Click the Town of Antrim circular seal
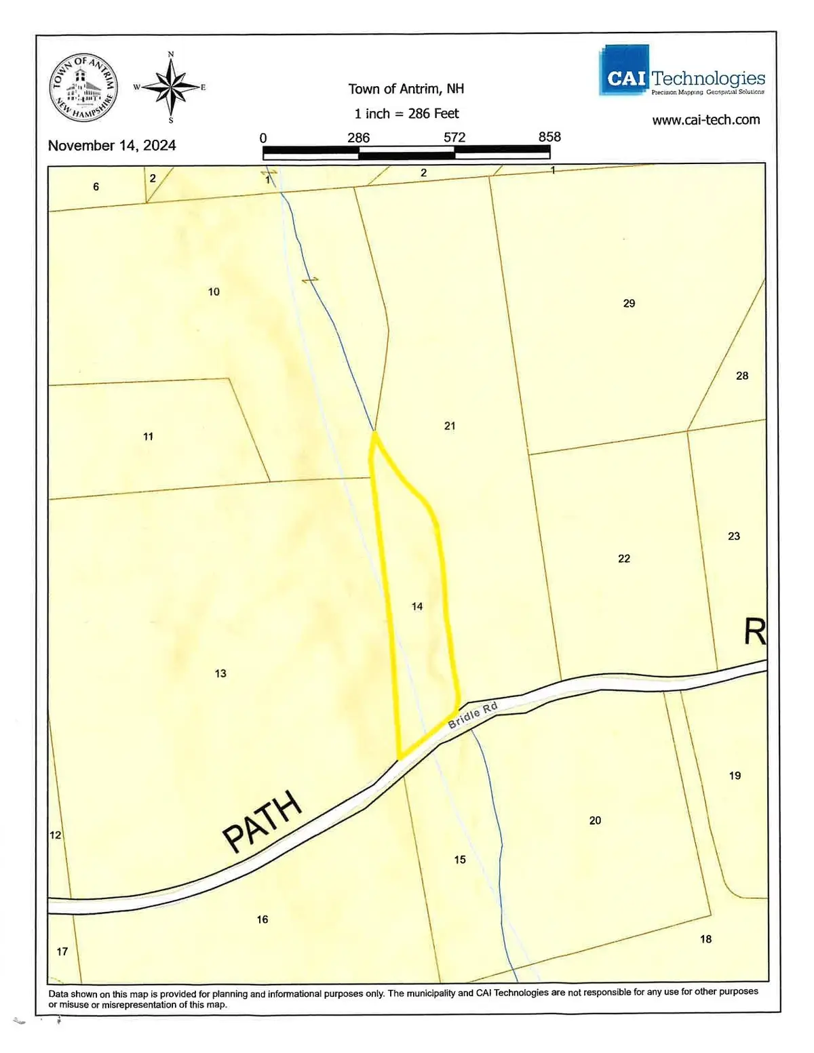click(84, 88)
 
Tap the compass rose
click(170, 87)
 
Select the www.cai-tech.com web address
click(705, 120)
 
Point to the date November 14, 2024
click(112, 145)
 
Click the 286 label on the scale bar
click(358, 138)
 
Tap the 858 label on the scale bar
click(549, 137)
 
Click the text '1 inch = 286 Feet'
click(406, 113)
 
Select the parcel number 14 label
click(417, 606)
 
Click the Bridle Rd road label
click(473, 715)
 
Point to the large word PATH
click(263, 820)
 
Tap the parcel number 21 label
click(450, 426)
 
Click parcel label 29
click(629, 303)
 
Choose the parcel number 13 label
click(220, 673)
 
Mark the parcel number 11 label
click(148, 437)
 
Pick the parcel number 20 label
click(595, 820)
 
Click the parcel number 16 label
click(263, 919)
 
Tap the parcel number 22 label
click(624, 559)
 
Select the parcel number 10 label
click(214, 292)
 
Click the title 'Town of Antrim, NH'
click(406, 89)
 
